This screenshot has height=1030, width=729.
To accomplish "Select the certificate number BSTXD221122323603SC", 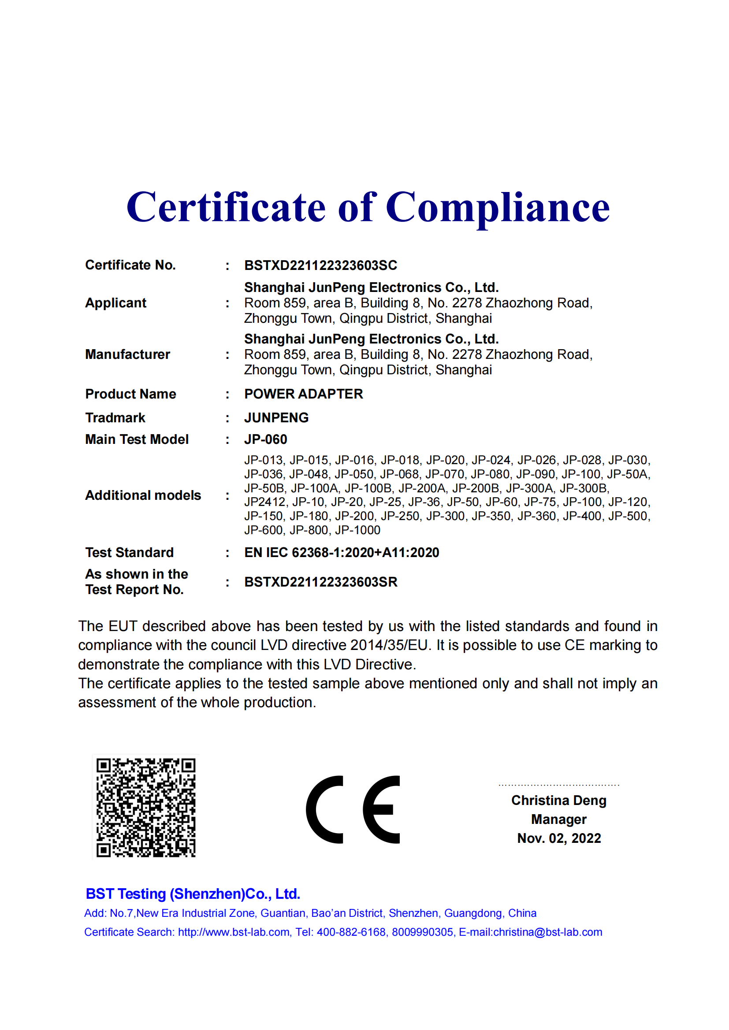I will (320, 265).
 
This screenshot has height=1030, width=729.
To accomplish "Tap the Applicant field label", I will (116, 303).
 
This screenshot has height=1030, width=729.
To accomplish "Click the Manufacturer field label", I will (127, 354).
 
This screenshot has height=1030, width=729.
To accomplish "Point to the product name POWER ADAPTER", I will (303, 394).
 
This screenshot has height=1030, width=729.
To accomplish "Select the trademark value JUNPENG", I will (276, 417).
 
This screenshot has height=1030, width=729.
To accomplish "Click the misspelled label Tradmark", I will (115, 417).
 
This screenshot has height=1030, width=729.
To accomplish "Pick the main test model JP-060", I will (266, 439).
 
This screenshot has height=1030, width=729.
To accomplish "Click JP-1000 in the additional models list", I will (358, 530).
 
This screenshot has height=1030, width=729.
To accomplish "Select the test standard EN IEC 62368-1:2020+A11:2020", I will (342, 552).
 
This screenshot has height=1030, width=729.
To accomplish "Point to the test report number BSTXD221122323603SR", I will (321, 582).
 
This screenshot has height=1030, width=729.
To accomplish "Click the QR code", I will (146, 808).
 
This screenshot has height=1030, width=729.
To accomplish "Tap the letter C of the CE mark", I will (325, 809).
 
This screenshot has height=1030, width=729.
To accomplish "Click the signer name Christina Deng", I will (559, 800).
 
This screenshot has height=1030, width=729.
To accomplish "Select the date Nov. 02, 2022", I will (559, 838).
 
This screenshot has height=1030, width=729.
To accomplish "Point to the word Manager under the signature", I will (559, 819).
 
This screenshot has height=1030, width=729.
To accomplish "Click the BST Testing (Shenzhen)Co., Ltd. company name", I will (193, 893).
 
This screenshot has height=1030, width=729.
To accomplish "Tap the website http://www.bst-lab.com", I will (234, 932).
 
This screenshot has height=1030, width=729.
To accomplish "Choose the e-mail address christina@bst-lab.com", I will (548, 932).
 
